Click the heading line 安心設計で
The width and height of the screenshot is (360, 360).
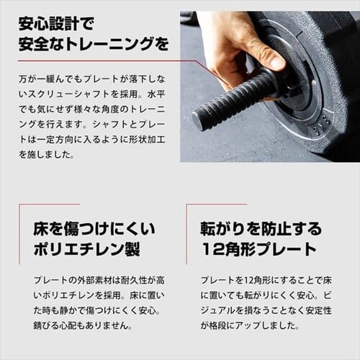tap(56, 24)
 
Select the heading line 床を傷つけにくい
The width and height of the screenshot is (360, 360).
tap(94, 229)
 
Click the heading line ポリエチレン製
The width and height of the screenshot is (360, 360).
tap(86, 249)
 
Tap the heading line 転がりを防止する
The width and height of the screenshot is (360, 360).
tap(261, 229)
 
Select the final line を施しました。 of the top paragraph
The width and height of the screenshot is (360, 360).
tap(47, 155)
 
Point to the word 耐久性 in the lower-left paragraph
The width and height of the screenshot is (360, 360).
tap(133, 281)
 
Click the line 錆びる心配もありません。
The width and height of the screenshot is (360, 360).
tap(83, 325)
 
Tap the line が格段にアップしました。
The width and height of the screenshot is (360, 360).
tap(250, 325)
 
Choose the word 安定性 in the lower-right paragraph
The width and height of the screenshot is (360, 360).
tap(318, 310)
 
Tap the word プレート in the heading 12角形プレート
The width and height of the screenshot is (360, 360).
tap(284, 249)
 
